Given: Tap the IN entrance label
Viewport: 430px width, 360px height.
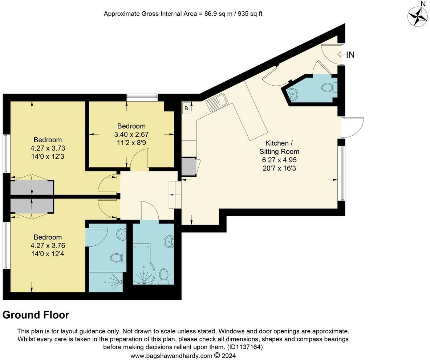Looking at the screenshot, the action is point(350,55).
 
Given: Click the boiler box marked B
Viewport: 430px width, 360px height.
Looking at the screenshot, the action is point(186,108).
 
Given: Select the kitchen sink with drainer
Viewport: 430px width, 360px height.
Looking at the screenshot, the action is point(217,102).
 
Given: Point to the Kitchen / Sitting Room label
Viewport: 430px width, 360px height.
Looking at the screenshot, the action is point(279,147).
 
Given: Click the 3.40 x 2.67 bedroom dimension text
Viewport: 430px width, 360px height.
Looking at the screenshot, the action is point(131,135).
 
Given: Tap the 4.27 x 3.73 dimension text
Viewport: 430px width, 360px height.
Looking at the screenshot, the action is point(48,148).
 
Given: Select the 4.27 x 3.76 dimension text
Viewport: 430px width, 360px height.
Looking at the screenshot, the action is point(48,245).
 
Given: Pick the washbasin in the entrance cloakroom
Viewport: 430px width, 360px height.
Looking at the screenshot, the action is point(292,94).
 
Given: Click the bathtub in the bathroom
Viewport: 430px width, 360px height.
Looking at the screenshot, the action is point(144,264).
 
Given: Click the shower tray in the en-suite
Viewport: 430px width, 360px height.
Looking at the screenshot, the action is point(106,282).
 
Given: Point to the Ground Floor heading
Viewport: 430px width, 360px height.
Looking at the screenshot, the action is point(36,315).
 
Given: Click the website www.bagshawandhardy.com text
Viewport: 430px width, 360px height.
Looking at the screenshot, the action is point(171,356).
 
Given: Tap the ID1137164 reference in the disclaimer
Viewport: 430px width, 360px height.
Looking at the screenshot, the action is point(245,347).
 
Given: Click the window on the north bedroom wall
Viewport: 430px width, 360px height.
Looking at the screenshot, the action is point(142,98).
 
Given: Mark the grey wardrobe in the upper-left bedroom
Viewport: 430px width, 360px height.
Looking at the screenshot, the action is point(32,187).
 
